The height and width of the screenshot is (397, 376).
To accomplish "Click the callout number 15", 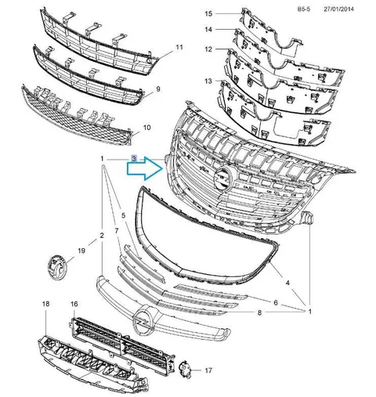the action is point(208,13).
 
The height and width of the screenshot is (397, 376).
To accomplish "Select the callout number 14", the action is point(208,30).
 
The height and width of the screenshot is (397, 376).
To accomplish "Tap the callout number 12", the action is point(208,49).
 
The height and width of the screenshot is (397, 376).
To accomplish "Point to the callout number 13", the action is point(208,81).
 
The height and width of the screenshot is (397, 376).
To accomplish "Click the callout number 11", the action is point(179,48).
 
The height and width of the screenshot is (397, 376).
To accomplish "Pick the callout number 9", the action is point(158,89).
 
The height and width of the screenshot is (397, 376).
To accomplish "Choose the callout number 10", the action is point(147,128).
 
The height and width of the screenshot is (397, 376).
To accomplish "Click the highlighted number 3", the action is point(134,159).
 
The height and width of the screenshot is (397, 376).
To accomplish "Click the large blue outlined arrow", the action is point(145,168).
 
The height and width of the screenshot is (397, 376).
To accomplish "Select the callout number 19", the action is point(81,251).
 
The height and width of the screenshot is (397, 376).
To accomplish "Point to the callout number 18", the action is point(45,304).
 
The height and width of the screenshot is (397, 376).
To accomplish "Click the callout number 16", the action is point(74,304).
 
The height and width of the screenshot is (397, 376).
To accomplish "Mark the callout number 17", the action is point(208,370).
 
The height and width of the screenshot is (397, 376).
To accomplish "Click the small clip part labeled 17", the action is point(185,369).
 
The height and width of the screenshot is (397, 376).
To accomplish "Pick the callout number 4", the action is point(287,283).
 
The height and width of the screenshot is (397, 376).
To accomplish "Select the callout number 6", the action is point(276,303).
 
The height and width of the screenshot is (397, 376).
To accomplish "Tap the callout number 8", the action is point(259,312).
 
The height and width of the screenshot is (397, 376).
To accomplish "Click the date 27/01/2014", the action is point(338,9).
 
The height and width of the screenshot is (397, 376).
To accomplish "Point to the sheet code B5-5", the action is point(304,9).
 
